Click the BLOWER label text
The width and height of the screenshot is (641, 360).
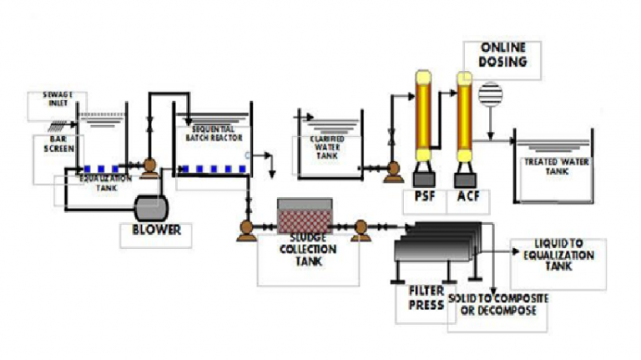(x=156, y=231)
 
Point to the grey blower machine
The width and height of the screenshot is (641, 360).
(x=151, y=205)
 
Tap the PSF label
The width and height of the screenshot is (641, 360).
(x=426, y=199)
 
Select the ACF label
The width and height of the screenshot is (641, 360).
(x=467, y=199)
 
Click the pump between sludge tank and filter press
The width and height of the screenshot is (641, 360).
(x=361, y=227)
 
